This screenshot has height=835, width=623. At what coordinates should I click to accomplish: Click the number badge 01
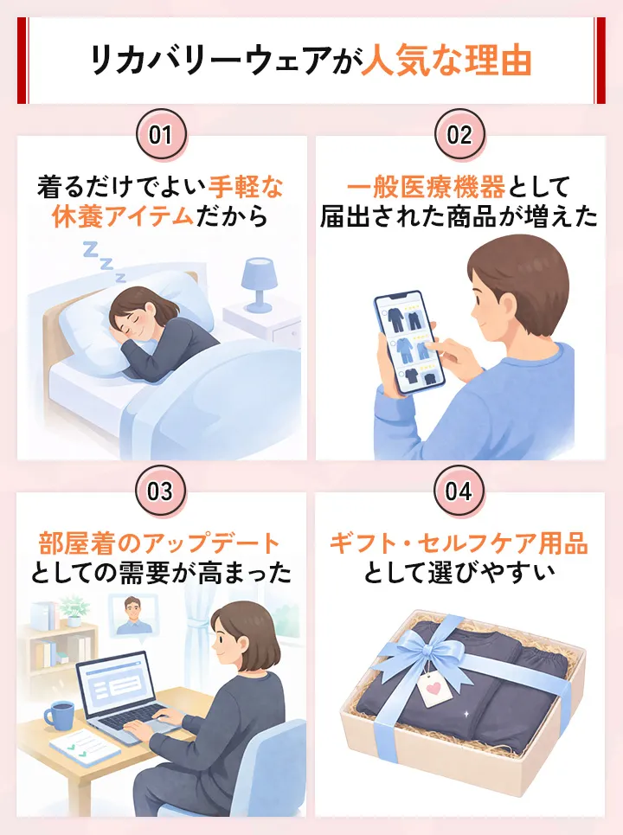click(161, 135)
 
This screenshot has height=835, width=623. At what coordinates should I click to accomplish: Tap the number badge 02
click(459, 135)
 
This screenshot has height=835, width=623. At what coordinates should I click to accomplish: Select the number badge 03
click(161, 491)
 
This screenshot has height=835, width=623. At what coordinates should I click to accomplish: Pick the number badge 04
click(459, 491)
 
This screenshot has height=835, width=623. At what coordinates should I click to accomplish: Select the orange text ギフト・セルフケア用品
click(459, 543)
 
